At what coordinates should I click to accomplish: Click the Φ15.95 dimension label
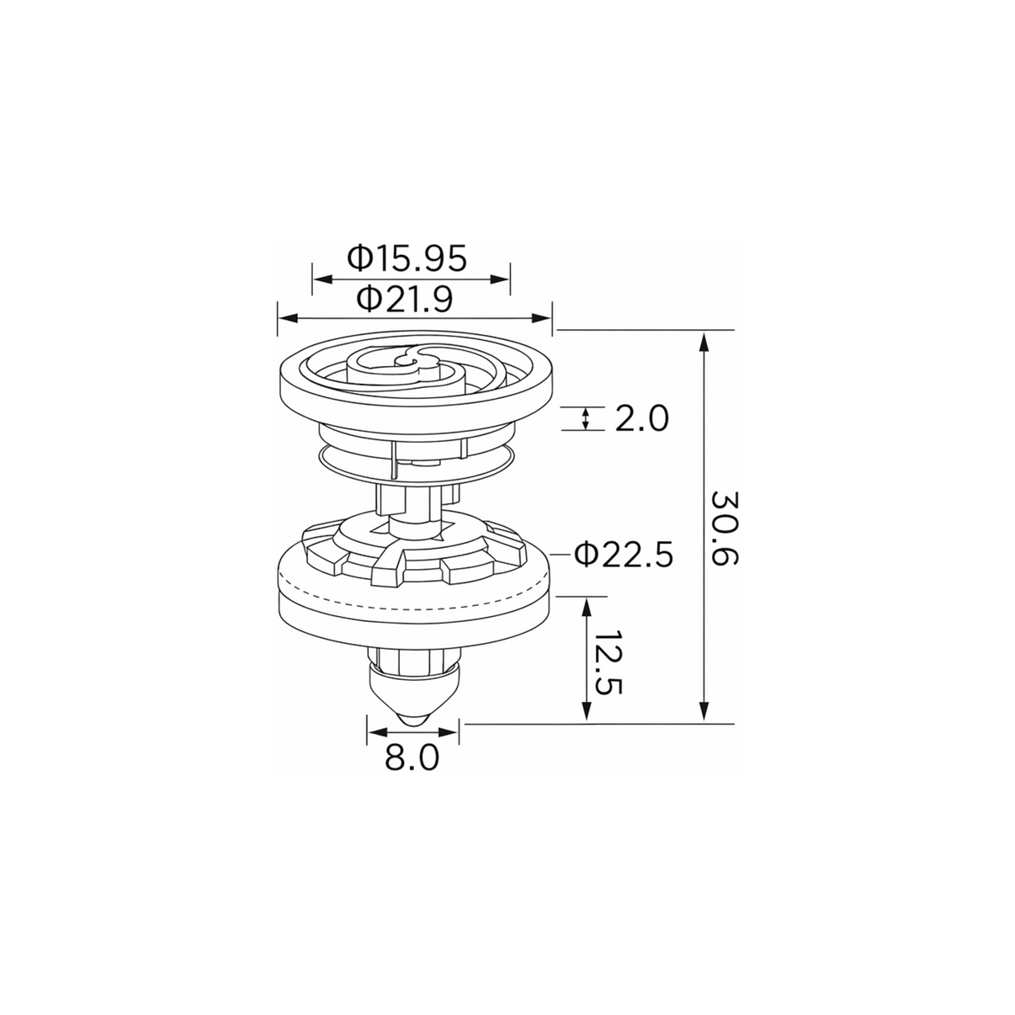tap(407, 258)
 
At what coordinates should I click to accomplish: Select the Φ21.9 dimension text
tap(405, 299)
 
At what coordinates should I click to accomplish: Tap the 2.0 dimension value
tap(642, 419)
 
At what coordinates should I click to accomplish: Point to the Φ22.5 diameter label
tap(624, 555)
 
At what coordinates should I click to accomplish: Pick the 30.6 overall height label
tap(725, 529)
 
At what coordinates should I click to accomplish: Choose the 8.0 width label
tap(412, 758)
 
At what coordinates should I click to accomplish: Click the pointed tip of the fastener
tap(412, 725)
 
